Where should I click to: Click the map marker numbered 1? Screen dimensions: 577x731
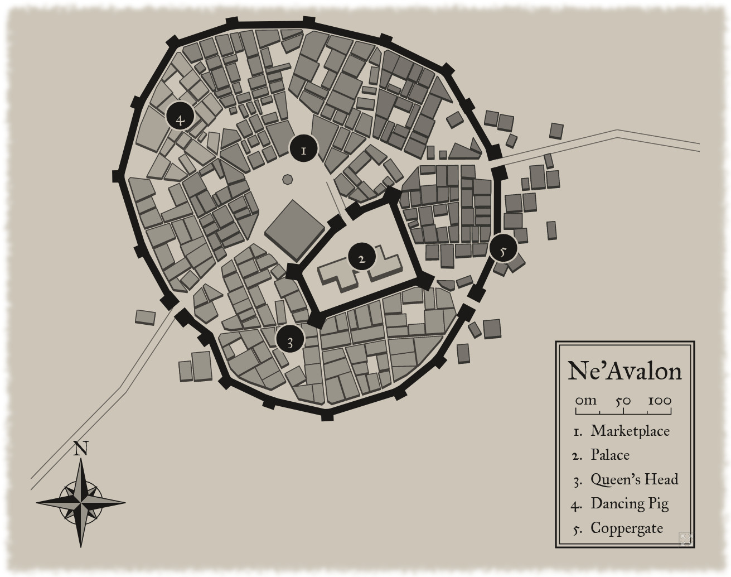(303, 149)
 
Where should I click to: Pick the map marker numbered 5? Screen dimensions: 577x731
(503, 250)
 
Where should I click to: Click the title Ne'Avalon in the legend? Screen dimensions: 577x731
(625, 371)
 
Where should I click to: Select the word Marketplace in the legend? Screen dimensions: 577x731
(630, 431)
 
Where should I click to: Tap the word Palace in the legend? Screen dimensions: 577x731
(610, 455)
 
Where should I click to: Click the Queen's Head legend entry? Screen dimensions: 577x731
(634, 479)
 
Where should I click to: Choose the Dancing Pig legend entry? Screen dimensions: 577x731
(630, 504)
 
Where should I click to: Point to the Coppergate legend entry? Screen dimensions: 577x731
(627, 528)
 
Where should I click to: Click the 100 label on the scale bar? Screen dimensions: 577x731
(660, 401)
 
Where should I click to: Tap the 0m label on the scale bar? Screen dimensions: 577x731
(585, 401)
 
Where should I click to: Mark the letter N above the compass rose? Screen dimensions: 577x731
(81, 449)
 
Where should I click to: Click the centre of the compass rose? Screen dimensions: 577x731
(81, 502)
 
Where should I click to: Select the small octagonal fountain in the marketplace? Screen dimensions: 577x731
(288, 179)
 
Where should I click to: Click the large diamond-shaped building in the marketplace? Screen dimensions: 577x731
(294, 229)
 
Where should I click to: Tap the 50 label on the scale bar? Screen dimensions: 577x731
(623, 401)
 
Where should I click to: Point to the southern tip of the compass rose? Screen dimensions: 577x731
(81, 545)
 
